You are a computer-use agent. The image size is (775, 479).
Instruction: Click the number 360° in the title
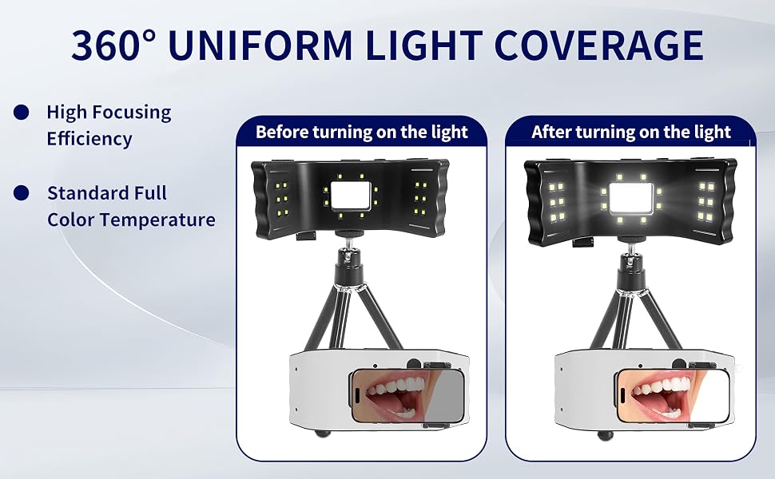[113, 45]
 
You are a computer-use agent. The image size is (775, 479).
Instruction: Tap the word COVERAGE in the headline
[598, 45]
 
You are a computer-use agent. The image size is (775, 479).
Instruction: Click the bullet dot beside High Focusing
[22, 112]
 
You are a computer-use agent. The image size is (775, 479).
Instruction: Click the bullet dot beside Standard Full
[22, 192]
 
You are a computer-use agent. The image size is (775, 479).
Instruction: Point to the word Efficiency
[89, 139]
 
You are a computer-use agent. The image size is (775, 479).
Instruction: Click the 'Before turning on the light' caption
[362, 132]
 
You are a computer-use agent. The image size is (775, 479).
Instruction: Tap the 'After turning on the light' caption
[631, 132]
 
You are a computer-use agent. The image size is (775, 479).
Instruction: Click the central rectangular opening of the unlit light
[351, 195]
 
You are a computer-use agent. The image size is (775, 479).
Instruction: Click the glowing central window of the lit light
[630, 197]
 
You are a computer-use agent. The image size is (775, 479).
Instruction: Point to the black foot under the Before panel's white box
[323, 433]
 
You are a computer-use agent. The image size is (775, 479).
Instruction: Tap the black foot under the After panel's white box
[605, 435]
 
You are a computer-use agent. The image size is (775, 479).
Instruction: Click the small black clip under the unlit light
[307, 236]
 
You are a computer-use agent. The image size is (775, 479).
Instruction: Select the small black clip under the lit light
[584, 241]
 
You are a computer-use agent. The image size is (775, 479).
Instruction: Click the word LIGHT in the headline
[423, 45]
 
